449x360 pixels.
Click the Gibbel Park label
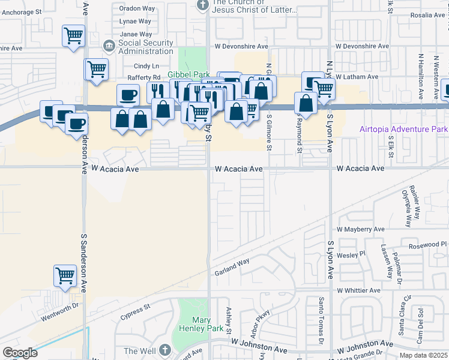(x=188, y=74)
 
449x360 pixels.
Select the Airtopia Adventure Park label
(x=403, y=129)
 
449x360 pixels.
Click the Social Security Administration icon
(x=109, y=46)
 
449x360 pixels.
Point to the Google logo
(x=19, y=353)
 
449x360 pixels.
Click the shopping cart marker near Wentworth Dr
(x=65, y=276)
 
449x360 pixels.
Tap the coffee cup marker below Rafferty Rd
(x=129, y=95)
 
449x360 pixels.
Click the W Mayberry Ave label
(x=360, y=229)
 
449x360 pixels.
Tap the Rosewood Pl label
(x=427, y=245)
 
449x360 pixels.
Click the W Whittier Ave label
(x=358, y=290)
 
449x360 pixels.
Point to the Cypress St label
(x=134, y=313)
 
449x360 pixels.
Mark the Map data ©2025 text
(x=423, y=355)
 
